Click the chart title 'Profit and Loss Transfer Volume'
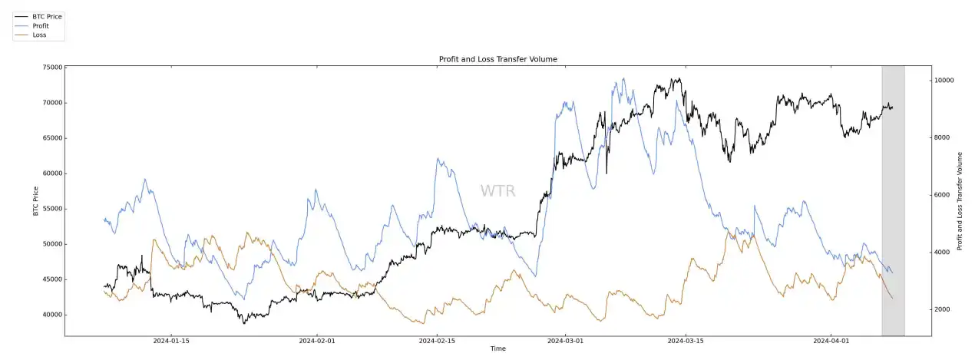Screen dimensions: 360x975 [x=497, y=59]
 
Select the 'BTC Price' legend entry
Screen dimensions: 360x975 [x=47, y=16]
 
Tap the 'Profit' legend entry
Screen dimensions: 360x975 [x=41, y=25]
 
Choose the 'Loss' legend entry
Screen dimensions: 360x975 [x=39, y=35]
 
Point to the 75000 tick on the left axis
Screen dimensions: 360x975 [x=52, y=68]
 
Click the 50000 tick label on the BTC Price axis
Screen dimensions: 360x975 [x=52, y=244]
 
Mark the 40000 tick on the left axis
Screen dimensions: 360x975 [x=52, y=315]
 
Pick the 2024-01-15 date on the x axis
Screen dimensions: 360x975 [x=171, y=341]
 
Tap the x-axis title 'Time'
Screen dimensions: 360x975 [x=497, y=349]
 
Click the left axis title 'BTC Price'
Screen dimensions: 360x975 [x=36, y=201]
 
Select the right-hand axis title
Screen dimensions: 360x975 [x=960, y=201]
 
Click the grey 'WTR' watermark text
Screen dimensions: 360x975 [x=497, y=191]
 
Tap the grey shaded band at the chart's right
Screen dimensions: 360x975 [x=893, y=200]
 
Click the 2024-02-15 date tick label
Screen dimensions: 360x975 [x=437, y=341]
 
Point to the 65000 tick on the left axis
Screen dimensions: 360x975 [x=52, y=138]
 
